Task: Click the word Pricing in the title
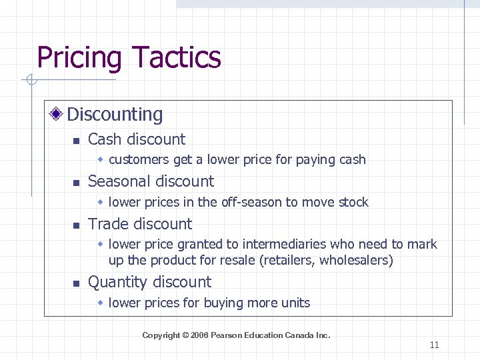pyautogui.click(x=79, y=58)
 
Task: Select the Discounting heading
pyautogui.click(x=115, y=115)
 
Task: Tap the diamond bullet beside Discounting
pyautogui.click(x=58, y=114)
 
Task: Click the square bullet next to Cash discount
pyautogui.click(x=76, y=141)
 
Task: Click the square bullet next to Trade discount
pyautogui.click(x=76, y=225)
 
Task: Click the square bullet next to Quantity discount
pyautogui.click(x=76, y=283)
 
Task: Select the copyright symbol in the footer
pyautogui.click(x=185, y=335)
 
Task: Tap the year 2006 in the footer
pyautogui.click(x=199, y=335)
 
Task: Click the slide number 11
pyautogui.click(x=435, y=345)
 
